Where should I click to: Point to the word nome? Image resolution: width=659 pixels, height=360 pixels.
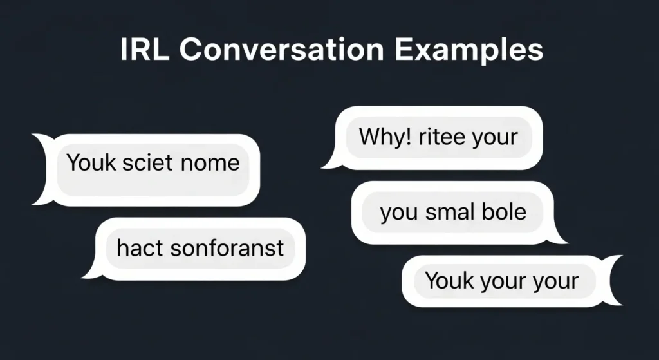pos(210,162)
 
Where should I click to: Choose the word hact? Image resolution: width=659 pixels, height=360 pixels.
pos(137,248)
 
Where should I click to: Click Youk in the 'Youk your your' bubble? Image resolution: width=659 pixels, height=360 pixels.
pos(449,281)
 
